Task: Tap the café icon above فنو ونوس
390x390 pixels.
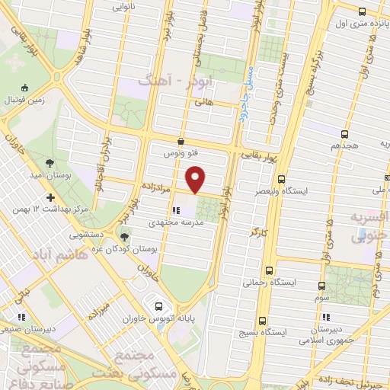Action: click(x=181, y=141)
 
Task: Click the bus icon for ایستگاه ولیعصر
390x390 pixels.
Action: click(x=281, y=180)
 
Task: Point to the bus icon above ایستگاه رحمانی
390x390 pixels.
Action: click(x=268, y=270)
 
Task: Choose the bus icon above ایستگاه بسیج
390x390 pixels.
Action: click(x=263, y=321)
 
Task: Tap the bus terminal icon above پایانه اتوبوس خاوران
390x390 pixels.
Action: click(x=159, y=298)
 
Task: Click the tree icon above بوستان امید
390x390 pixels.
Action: click(x=50, y=162)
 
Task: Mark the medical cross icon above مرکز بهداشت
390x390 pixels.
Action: click(x=50, y=198)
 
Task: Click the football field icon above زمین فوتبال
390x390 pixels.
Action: click(x=26, y=88)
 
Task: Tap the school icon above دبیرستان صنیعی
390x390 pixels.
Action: click(x=22, y=316)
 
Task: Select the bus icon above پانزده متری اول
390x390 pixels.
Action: click(x=361, y=11)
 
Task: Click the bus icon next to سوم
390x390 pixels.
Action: click(x=321, y=286)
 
